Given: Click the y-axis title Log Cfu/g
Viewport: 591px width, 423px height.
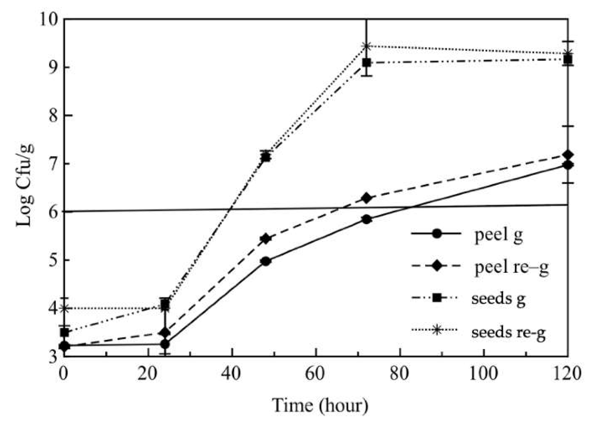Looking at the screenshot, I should pos(25,186).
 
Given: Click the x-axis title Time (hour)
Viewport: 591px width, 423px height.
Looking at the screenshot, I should pos(320,405).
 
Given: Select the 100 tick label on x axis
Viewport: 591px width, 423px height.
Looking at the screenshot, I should pos(484,374).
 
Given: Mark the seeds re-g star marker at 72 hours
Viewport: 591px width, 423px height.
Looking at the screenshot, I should pos(366,46).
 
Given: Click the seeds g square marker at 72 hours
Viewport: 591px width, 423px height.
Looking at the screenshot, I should pos(366,63).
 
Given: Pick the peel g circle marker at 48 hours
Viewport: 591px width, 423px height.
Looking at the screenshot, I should pos(266,262).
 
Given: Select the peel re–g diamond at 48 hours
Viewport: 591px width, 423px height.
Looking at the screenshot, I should pos(266,239).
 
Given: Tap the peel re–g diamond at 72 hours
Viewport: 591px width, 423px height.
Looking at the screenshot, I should pos(366,198).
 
